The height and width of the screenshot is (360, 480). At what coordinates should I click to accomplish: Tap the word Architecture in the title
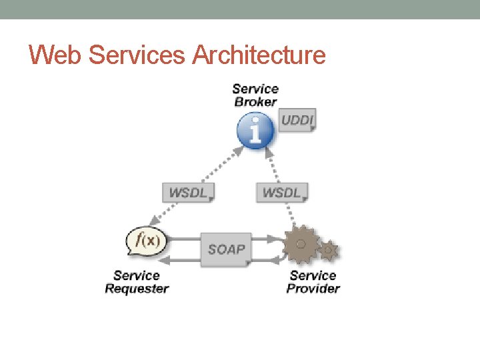click(x=259, y=55)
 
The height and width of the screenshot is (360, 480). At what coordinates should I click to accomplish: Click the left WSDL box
click(x=189, y=193)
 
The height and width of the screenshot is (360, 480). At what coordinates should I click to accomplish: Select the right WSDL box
click(x=282, y=193)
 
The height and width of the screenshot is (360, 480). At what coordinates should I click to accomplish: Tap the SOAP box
click(x=226, y=249)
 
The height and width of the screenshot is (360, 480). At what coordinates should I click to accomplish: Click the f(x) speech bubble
click(x=146, y=241)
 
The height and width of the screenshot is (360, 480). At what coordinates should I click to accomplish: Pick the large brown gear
click(x=301, y=245)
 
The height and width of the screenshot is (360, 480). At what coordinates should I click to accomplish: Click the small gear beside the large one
click(x=329, y=251)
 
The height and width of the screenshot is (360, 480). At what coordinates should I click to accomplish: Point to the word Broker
click(x=255, y=102)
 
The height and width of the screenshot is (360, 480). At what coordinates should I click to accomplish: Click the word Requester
click(x=137, y=289)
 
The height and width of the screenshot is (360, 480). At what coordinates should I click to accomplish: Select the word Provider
click(x=313, y=289)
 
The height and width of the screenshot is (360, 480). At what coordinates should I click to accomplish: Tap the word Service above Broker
click(x=255, y=89)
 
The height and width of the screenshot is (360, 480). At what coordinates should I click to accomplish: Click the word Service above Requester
click(x=137, y=275)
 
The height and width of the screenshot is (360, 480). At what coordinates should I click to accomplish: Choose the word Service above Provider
click(x=313, y=275)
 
